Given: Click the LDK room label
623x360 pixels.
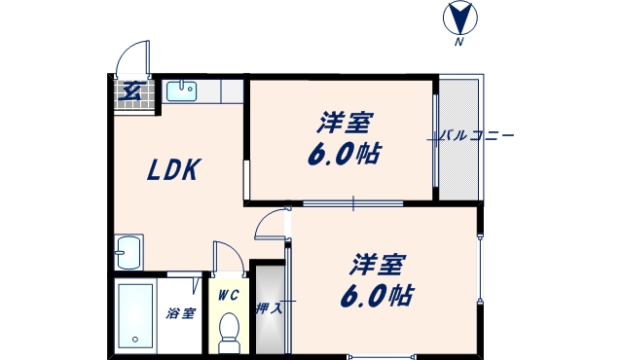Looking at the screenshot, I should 173,171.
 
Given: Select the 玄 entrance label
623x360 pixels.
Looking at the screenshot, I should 129,93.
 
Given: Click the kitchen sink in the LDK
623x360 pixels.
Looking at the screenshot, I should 181,91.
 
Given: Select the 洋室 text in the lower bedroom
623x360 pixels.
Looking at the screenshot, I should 379,264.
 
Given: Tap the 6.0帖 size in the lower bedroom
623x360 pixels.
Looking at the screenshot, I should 378,294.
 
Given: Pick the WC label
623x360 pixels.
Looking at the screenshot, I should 228,295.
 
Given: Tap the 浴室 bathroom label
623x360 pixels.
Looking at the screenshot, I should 180,313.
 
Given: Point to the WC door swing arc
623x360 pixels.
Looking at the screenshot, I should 227,256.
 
